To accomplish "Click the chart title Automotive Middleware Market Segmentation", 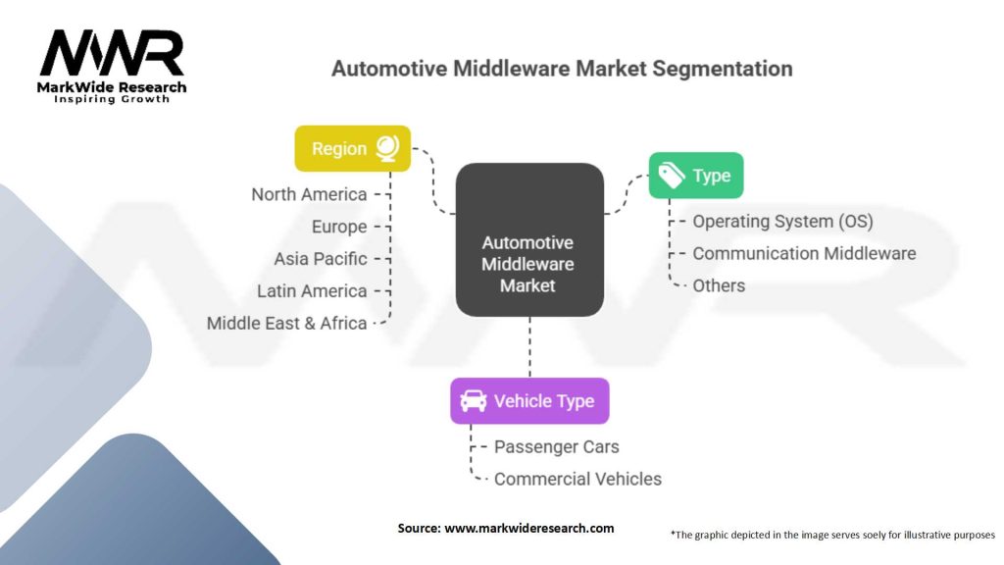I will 562,69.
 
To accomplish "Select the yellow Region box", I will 352,149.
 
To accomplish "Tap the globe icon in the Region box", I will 386,148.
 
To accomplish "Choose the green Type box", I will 696,176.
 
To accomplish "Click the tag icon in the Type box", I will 672,176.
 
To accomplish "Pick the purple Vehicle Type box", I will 529,401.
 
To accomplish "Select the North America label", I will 309,194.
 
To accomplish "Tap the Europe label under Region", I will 339,227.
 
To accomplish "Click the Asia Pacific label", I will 321,259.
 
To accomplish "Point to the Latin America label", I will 312,291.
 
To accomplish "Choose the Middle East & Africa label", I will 287,323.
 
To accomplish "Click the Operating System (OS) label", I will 782,222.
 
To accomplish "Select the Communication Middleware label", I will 804,253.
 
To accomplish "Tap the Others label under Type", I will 719,285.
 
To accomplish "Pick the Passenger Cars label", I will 556,447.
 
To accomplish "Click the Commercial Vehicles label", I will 577,480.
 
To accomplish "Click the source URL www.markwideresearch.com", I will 529,529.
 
